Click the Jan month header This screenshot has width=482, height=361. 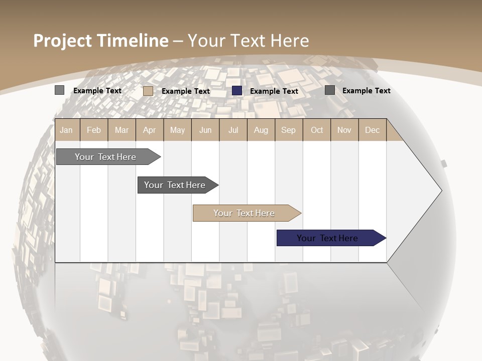(66, 130)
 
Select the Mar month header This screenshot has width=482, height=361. (122, 130)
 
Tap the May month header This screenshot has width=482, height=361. (177, 130)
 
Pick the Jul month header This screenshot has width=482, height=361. (233, 130)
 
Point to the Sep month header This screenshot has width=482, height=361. (288, 130)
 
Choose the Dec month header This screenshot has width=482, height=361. (372, 130)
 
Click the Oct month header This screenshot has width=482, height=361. (317, 130)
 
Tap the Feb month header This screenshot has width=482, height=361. (94, 130)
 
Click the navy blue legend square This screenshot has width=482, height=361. (237, 91)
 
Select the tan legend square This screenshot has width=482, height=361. (148, 91)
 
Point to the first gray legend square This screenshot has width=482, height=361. (59, 90)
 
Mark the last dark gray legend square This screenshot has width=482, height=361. (330, 90)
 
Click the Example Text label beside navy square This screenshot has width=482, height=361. (274, 91)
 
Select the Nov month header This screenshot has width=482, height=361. (344, 130)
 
